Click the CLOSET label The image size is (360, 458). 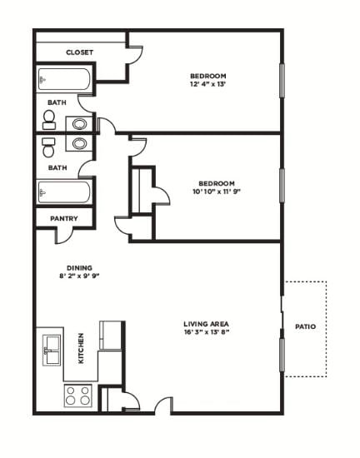tap(80, 52)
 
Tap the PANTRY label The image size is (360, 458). tap(63, 219)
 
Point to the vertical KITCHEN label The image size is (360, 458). tap(81, 349)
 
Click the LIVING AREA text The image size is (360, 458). tap(207, 324)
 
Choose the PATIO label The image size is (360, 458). tap(305, 327)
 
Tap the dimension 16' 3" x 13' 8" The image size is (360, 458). tap(207, 333)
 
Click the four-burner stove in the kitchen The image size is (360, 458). tap(78, 396)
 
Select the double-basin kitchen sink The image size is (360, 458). tap(52, 350)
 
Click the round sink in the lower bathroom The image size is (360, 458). tap(79, 143)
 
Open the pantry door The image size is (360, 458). tap(67, 236)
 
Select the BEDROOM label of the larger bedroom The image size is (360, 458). tap(207, 76)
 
